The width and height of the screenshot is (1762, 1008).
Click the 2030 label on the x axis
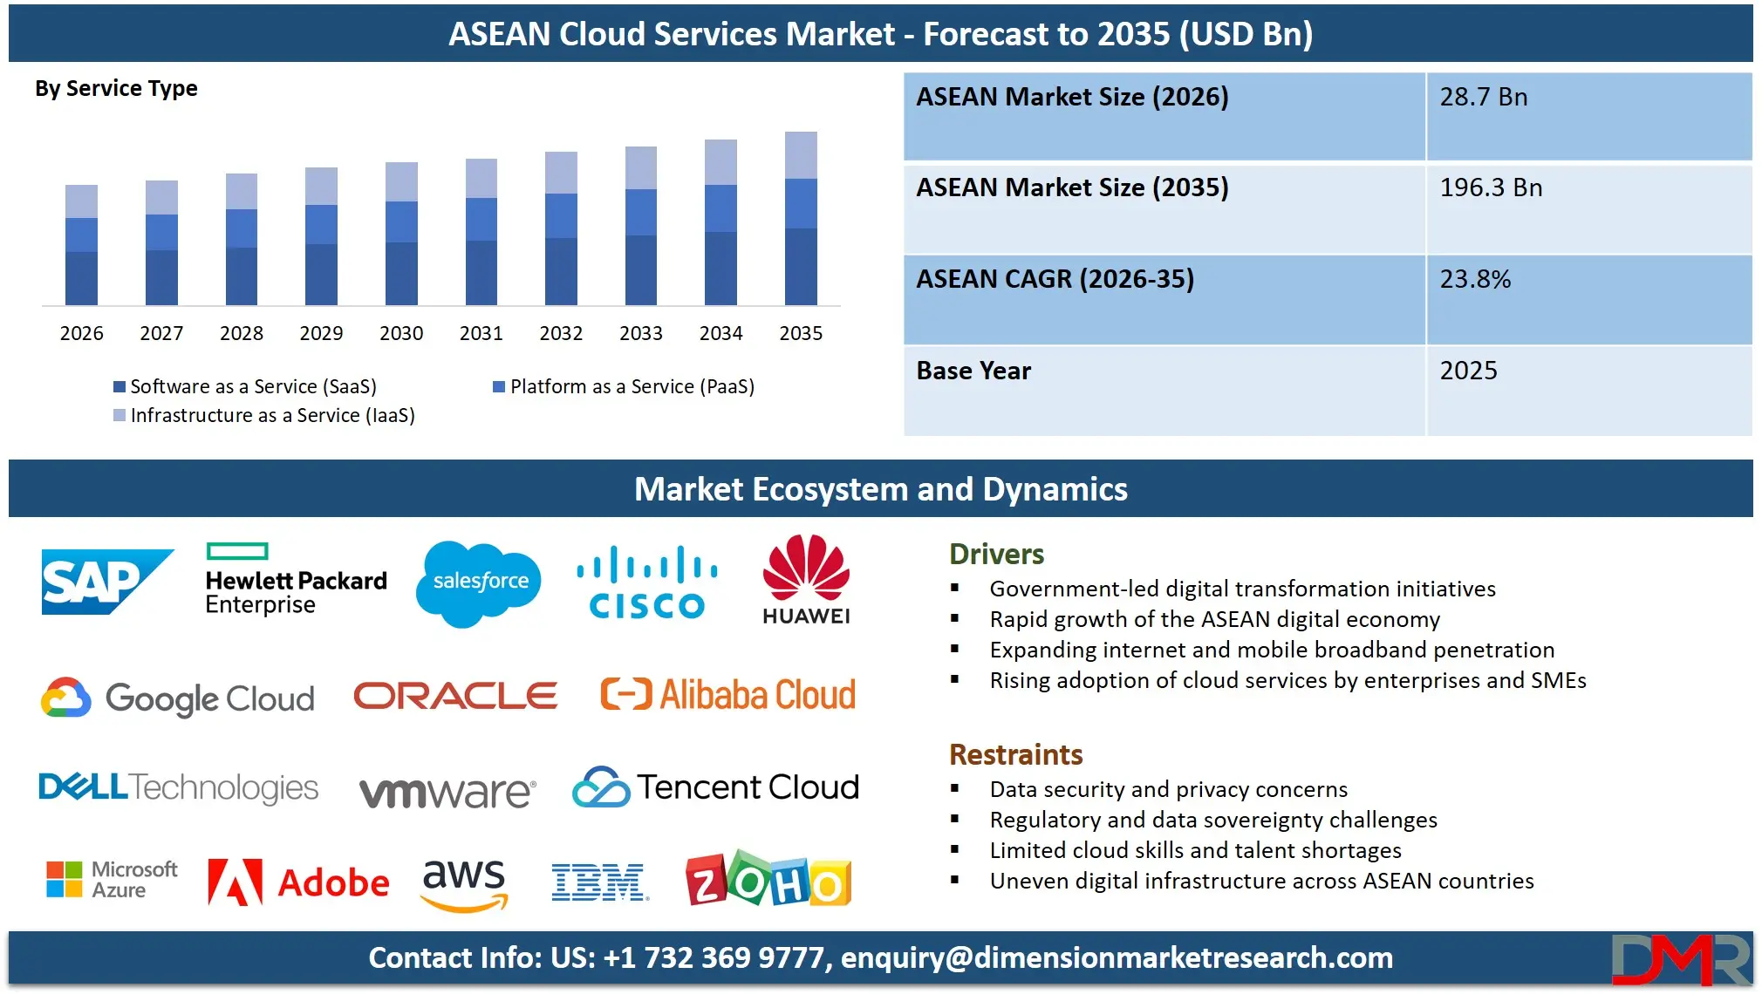[x=401, y=333]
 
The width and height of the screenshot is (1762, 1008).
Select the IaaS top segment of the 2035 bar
[x=801, y=155]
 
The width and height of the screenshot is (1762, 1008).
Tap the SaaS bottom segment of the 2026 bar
[x=81, y=278]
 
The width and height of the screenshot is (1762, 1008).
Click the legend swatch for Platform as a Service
[x=499, y=386]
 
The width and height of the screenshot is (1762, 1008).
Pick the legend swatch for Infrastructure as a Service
[x=120, y=415]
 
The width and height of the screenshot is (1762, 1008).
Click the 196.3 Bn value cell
[x=1491, y=188]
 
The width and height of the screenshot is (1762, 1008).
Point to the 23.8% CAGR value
[x=1475, y=280]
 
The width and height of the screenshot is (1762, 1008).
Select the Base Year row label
[x=973, y=371]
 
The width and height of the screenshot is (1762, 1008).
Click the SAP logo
[x=106, y=582]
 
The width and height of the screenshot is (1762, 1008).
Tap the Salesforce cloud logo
[x=479, y=582]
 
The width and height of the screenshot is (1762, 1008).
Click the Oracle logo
[x=455, y=696]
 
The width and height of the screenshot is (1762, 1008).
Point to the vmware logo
[x=447, y=792]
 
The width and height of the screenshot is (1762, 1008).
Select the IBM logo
[x=599, y=882]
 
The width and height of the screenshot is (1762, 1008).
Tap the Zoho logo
[x=768, y=881]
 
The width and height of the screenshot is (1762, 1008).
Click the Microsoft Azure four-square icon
[x=64, y=879]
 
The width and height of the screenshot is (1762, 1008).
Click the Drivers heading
[x=996, y=555]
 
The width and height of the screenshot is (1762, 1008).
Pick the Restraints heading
[x=1015, y=754]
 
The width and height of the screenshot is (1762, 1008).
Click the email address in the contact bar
[x=1117, y=958]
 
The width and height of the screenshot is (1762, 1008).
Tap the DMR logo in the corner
[x=1680, y=960]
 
